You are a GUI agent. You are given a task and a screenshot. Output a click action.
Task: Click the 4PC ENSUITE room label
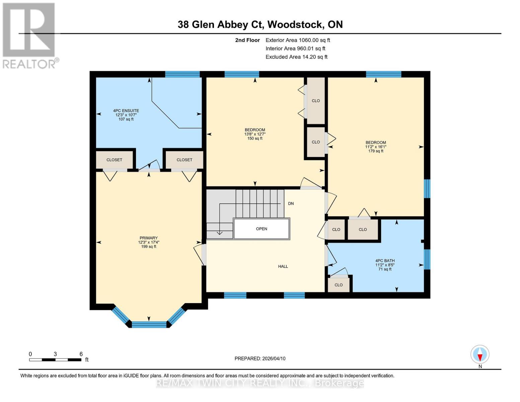pyautogui.click(x=126, y=115)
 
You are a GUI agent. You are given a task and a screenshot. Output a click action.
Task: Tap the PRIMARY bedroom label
pyautogui.click(x=148, y=242)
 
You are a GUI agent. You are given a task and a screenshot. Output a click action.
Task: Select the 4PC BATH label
pyautogui.click(x=385, y=265)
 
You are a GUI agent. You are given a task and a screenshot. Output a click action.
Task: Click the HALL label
pyautogui.click(x=283, y=266)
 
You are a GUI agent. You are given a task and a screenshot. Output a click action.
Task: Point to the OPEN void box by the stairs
pyautogui.click(x=262, y=229)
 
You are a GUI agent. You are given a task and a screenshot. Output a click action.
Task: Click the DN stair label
pyautogui.click(x=291, y=203)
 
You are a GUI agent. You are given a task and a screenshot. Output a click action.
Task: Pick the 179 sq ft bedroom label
pyautogui.click(x=376, y=147)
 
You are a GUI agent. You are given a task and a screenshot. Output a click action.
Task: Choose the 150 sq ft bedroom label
pyautogui.click(x=255, y=134)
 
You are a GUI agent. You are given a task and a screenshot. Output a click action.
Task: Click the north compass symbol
pyautogui.click(x=480, y=354)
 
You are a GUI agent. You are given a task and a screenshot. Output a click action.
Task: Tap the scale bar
pyautogui.click(x=55, y=360)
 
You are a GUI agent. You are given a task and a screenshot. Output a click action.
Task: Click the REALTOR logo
pyautogui.click(x=29, y=35)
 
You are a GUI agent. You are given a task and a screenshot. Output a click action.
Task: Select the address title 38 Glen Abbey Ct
pyautogui.click(x=260, y=24)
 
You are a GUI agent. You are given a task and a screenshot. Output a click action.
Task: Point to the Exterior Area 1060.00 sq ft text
pyautogui.click(x=298, y=40)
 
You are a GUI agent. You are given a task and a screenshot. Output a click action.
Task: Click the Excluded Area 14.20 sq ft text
pyautogui.click(x=296, y=57)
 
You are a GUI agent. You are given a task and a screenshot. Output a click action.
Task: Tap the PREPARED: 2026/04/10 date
pyautogui.click(x=260, y=358)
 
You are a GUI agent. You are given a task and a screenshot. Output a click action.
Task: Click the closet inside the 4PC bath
pyautogui.click(x=339, y=285)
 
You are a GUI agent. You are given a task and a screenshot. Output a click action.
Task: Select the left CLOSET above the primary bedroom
pyautogui.click(x=114, y=160)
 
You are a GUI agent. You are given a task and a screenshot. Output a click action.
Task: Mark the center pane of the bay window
pyautogui.click(x=149, y=324)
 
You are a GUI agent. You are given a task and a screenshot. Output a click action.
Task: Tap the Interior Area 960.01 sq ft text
pyautogui.click(x=295, y=49)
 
